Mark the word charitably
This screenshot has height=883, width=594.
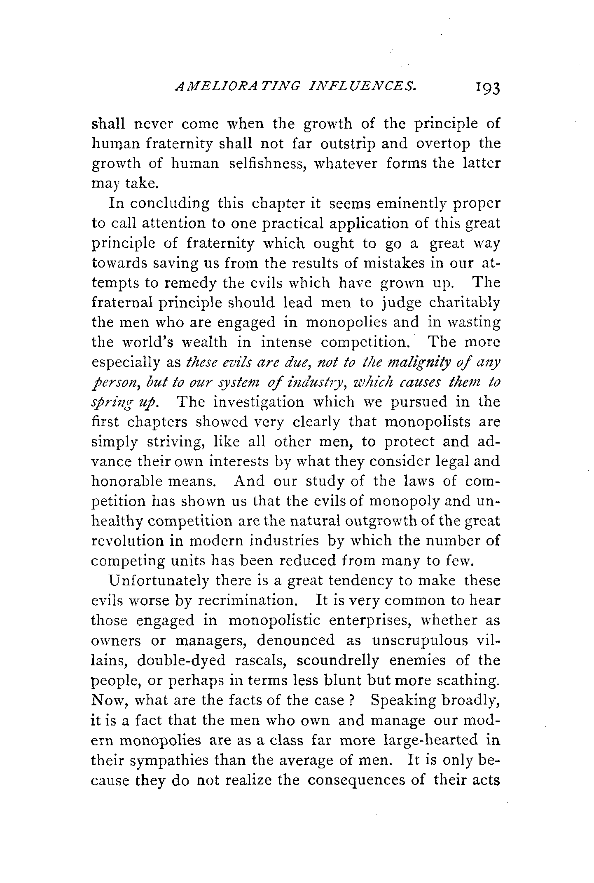coord(464,303)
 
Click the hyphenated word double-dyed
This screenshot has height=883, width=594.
coord(182,661)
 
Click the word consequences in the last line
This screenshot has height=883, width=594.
coord(366,780)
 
